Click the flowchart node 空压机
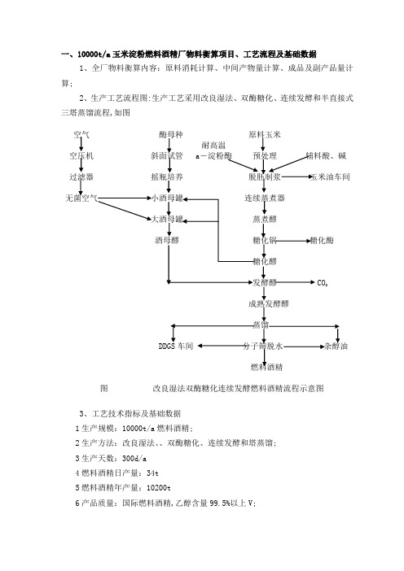click(81, 156)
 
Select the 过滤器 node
click(81, 177)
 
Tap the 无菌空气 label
click(81, 198)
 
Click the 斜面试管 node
click(167, 156)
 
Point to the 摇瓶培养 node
click(167, 177)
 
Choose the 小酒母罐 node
click(167, 198)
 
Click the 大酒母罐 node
click(167, 220)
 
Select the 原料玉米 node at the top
click(265, 135)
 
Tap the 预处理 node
click(265, 156)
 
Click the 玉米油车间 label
click(330, 177)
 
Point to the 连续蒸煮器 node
click(265, 198)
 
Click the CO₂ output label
click(323, 283)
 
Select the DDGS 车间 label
click(176, 346)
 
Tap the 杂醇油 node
click(336, 346)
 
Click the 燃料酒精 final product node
click(266, 367)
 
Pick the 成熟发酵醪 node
click(269, 303)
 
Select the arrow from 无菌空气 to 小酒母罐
click(125, 198)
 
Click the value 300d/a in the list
click(134, 458)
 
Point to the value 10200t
click(159, 487)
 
